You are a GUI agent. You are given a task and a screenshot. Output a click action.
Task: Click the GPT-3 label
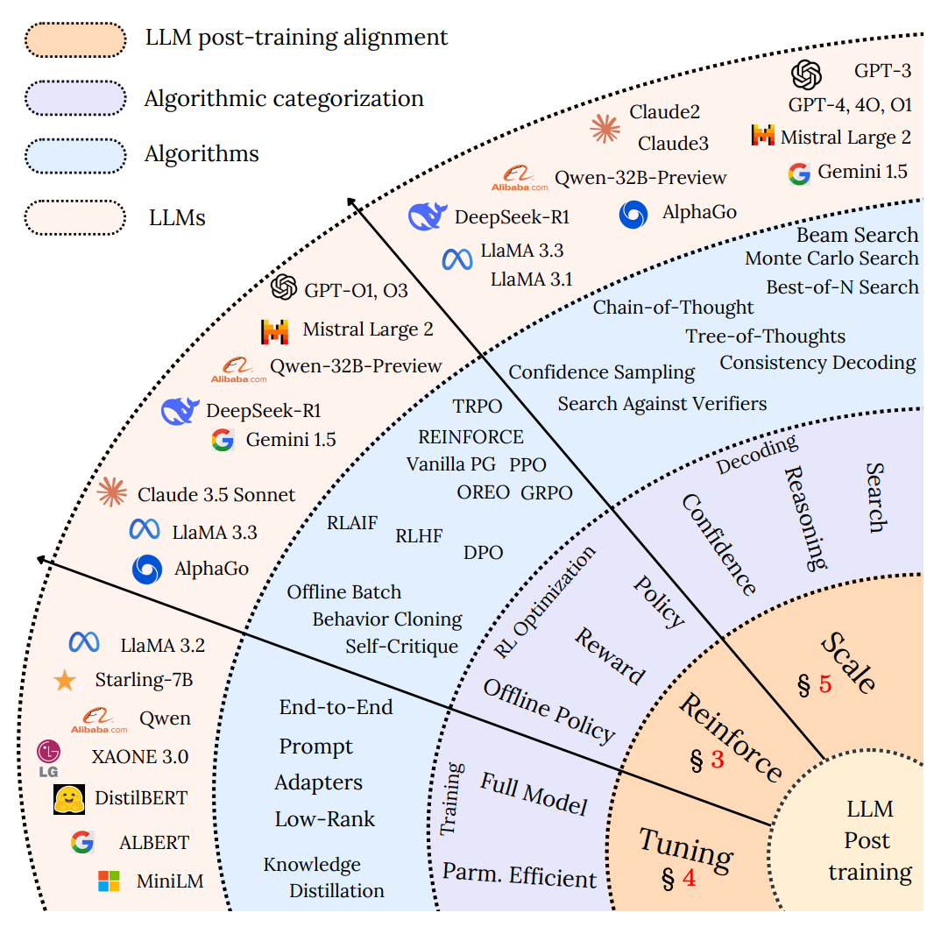click(881, 71)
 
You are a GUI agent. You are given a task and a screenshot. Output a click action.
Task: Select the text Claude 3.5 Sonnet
click(216, 494)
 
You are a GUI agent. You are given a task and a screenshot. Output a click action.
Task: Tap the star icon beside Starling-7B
click(64, 680)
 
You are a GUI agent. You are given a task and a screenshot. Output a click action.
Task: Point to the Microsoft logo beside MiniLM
click(109, 881)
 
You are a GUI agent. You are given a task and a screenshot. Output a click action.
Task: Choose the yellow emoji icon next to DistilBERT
click(68, 797)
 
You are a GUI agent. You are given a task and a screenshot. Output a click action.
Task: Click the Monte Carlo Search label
click(831, 258)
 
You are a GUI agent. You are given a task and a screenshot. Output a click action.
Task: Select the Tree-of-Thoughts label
click(765, 336)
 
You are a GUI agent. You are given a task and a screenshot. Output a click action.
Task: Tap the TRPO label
click(477, 407)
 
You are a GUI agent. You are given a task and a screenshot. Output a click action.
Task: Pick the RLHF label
click(419, 536)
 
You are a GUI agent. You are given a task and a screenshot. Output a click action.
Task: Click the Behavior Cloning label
click(387, 619)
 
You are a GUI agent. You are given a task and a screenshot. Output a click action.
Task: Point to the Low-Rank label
click(324, 819)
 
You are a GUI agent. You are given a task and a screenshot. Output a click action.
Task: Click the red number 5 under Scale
click(824, 683)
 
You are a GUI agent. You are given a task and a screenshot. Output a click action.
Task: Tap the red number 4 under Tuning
click(689, 876)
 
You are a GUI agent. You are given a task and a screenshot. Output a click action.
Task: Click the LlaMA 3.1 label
click(531, 280)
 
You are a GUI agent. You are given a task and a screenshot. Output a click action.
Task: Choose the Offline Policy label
click(549, 711)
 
